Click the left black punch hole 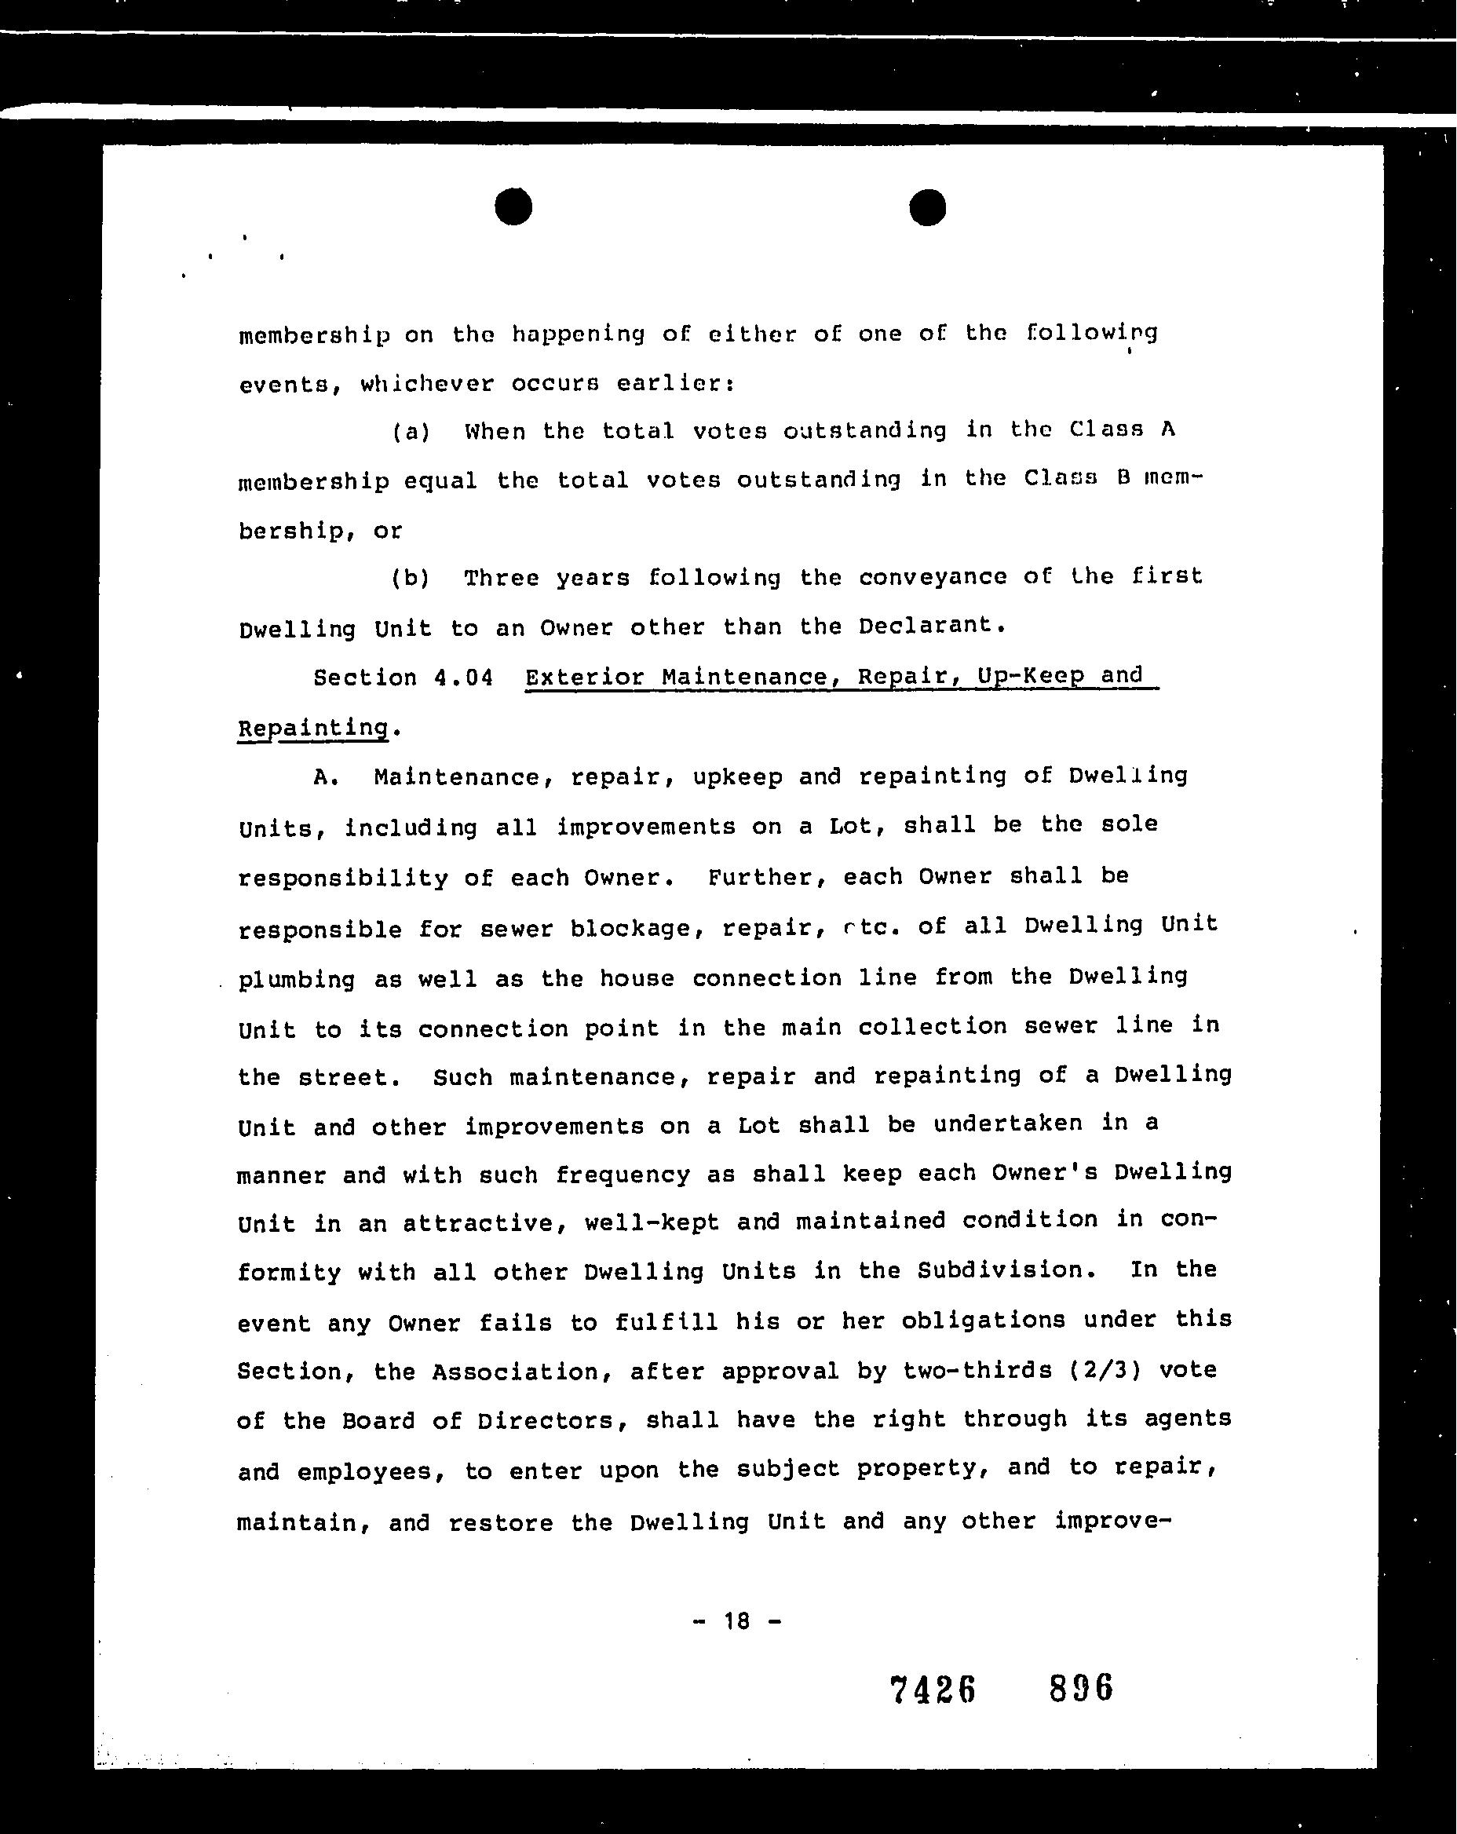pos(513,206)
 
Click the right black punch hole pos(927,207)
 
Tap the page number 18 pos(737,1620)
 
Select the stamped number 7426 pos(932,1690)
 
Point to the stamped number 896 pos(1081,1687)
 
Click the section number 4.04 pos(462,678)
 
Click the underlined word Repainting pos(313,728)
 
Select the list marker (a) pos(411,431)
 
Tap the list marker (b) pos(411,579)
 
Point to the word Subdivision pos(1000,1271)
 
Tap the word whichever pos(426,384)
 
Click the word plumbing pos(296,979)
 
